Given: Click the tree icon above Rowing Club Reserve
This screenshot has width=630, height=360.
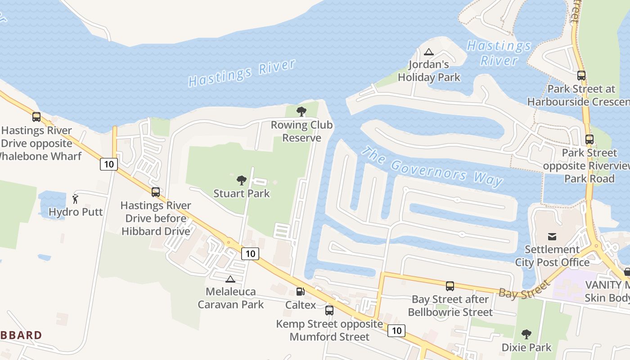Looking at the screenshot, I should tap(301, 111).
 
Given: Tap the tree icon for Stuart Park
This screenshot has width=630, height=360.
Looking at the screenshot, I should tap(242, 180).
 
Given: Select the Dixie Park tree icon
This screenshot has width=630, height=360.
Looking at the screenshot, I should tap(526, 334).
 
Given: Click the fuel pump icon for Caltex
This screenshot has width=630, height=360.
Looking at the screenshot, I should tap(300, 292).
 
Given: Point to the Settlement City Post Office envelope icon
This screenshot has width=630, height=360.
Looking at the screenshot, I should tap(552, 236).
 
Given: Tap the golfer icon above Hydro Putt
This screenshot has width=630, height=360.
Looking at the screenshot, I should tap(76, 199).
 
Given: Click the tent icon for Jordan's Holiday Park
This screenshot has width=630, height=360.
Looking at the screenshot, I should tap(429, 52).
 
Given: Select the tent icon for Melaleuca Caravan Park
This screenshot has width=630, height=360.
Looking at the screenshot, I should tap(230, 279).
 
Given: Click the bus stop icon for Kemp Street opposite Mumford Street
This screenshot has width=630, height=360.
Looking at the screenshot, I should tap(329, 310).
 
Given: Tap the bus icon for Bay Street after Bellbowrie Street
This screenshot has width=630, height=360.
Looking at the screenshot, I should tap(450, 286).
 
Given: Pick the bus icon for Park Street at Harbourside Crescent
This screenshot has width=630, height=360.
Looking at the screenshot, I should tap(581, 76).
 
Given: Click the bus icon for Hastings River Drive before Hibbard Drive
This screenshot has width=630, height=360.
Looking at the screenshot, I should tap(156, 192).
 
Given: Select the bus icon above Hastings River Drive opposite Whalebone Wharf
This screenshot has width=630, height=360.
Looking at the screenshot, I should tap(36, 117).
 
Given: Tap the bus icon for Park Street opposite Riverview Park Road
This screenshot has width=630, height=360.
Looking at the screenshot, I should tap(589, 139).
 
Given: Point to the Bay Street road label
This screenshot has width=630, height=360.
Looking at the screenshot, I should tap(524, 289).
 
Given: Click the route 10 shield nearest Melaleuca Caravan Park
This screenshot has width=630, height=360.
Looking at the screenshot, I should tap(250, 254).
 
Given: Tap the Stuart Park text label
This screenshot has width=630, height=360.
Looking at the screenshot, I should tap(242, 193).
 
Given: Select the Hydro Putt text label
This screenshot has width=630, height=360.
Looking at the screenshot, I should tap(76, 212).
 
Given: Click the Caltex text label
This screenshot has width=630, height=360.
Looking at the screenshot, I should tap(301, 305).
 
